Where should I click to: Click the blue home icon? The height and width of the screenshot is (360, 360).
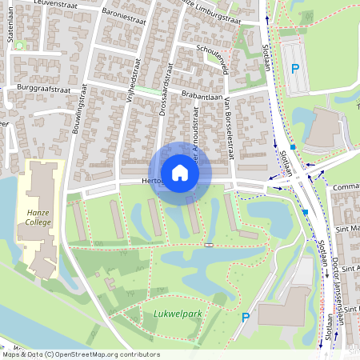[x=180, y=173]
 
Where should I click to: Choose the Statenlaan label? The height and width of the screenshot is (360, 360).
[x=12, y=36]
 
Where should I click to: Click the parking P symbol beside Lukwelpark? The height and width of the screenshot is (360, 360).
[x=246, y=318]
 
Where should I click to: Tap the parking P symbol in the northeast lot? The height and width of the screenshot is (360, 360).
[x=294, y=69]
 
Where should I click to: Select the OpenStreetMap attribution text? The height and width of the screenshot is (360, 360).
[x=80, y=354]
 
